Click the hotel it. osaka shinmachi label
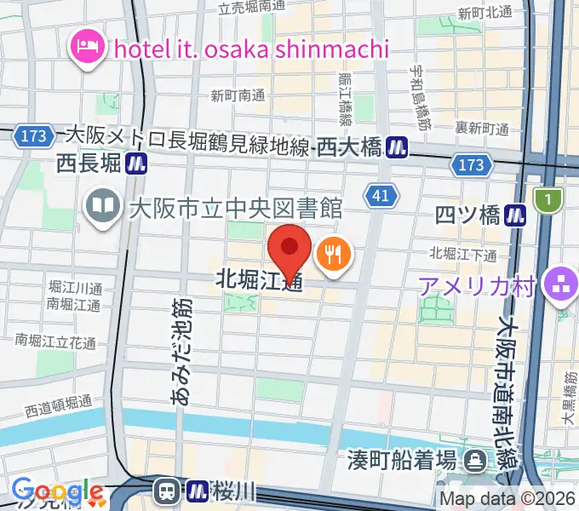point(250,48)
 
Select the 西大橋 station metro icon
point(395,147)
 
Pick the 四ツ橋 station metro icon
point(516,215)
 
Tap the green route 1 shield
point(548,200)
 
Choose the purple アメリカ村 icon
point(559,286)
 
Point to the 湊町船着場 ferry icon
point(473,461)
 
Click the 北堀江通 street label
point(259,278)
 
